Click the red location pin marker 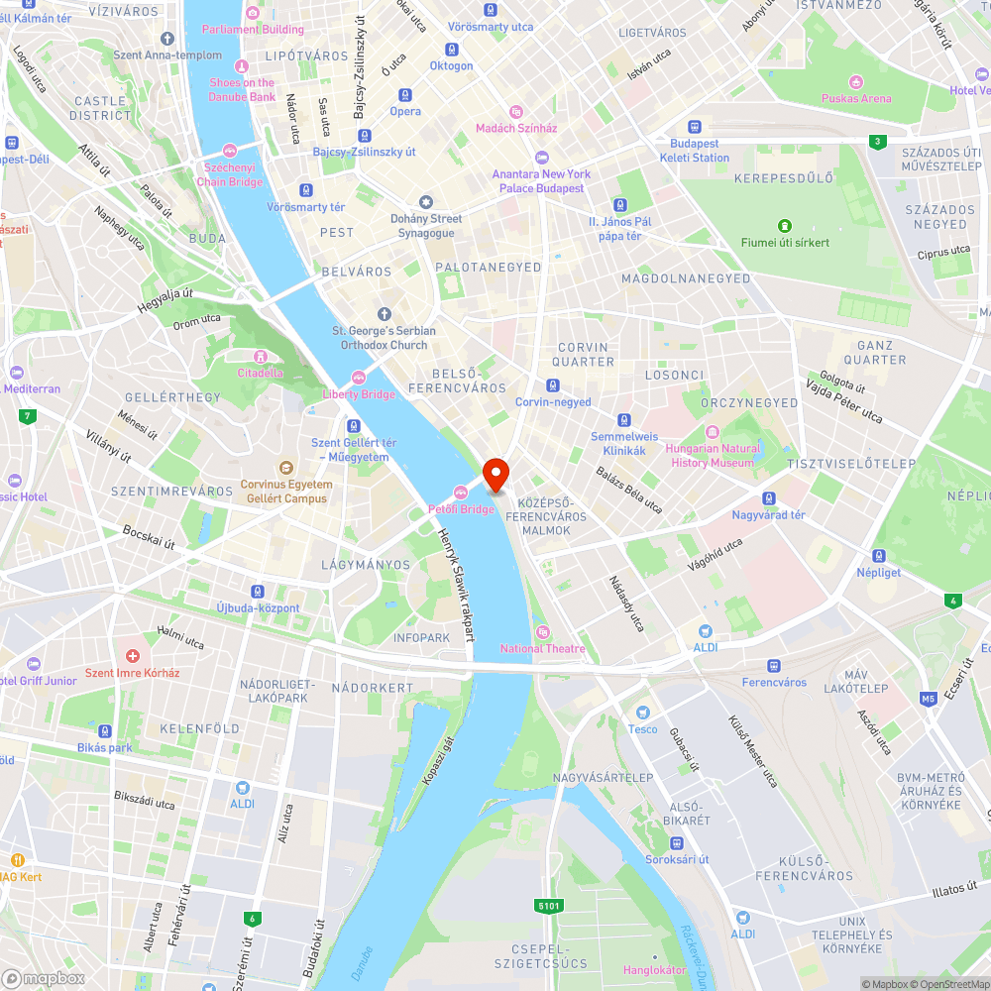[x=495, y=474]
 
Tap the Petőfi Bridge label [x=461, y=509]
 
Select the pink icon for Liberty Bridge [x=359, y=377]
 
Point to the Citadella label [x=260, y=373]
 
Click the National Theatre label [x=542, y=648]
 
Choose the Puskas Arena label [x=856, y=98]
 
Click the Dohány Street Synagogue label [x=426, y=226]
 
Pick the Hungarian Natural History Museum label [x=713, y=455]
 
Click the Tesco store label [x=642, y=729]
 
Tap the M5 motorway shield [x=928, y=699]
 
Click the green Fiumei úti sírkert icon [x=786, y=226]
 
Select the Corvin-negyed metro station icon [x=553, y=385]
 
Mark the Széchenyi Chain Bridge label [x=230, y=175]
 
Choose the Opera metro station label [x=404, y=111]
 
